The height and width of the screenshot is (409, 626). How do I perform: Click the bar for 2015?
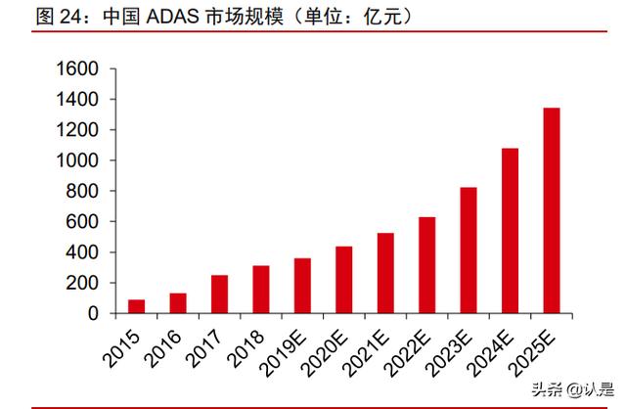click(x=136, y=306)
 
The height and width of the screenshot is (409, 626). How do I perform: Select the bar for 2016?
click(x=177, y=303)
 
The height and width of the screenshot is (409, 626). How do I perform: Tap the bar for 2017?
click(x=219, y=295)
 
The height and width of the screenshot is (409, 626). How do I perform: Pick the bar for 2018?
click(x=260, y=290)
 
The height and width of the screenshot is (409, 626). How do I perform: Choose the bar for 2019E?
click(x=302, y=286)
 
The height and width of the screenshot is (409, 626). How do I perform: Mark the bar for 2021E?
click(x=385, y=273)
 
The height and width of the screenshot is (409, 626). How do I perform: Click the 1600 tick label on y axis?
click(x=78, y=69)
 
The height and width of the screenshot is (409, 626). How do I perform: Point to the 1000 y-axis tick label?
click(x=78, y=161)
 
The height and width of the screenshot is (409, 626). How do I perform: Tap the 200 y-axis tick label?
click(x=84, y=284)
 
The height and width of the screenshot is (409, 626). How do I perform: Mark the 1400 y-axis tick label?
click(x=78, y=100)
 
